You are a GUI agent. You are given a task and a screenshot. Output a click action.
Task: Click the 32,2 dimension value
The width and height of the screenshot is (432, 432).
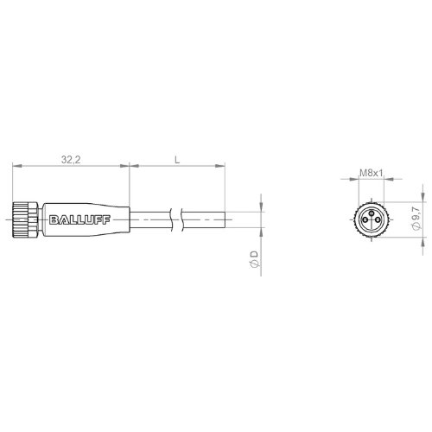tap(71, 159)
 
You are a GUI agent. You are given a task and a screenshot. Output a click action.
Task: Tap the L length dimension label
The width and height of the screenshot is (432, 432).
tap(177, 160)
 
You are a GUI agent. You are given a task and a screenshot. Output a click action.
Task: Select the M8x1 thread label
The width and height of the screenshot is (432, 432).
tap(372, 173)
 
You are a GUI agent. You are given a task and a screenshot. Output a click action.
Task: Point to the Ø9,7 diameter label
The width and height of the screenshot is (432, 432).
tap(416, 219)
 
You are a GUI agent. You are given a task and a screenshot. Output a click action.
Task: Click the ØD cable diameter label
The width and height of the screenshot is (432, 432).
tap(255, 259)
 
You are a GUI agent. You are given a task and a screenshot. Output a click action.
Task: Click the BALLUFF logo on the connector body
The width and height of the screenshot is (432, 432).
tap(79, 220)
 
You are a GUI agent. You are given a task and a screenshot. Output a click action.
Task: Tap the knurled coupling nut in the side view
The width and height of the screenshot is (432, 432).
tap(25, 219)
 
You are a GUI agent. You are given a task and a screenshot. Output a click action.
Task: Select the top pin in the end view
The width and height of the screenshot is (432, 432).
tap(372, 213)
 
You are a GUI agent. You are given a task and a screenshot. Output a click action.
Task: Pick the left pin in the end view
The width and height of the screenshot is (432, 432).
tap(365, 220)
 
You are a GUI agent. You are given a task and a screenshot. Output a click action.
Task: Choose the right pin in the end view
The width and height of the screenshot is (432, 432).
tap(378, 220)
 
